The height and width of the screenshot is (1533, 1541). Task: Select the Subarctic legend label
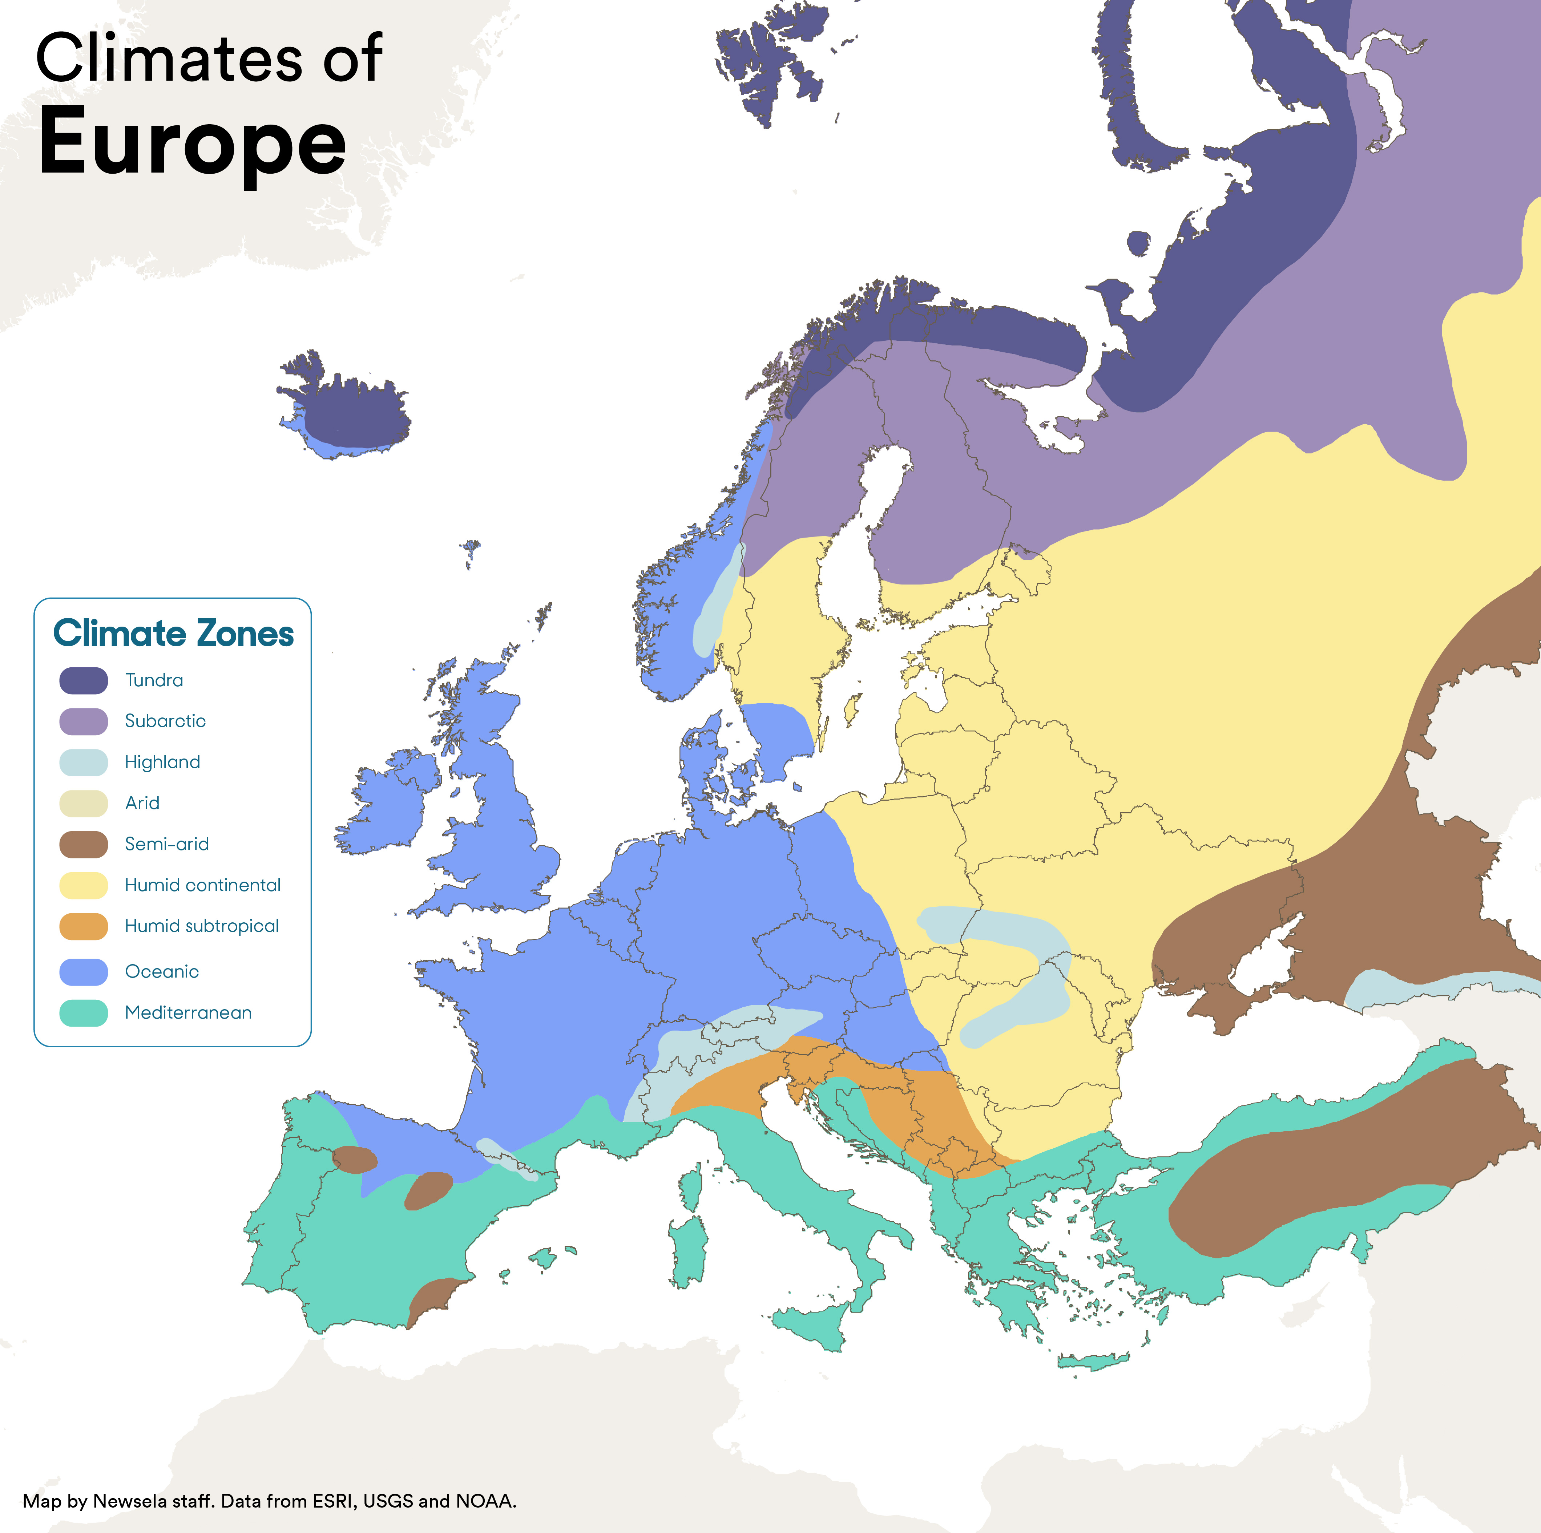(165, 721)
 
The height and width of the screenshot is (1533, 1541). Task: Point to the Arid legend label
(142, 803)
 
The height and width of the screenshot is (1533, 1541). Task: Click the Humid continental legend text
(203, 885)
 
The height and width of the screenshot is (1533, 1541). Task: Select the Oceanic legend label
(162, 971)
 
